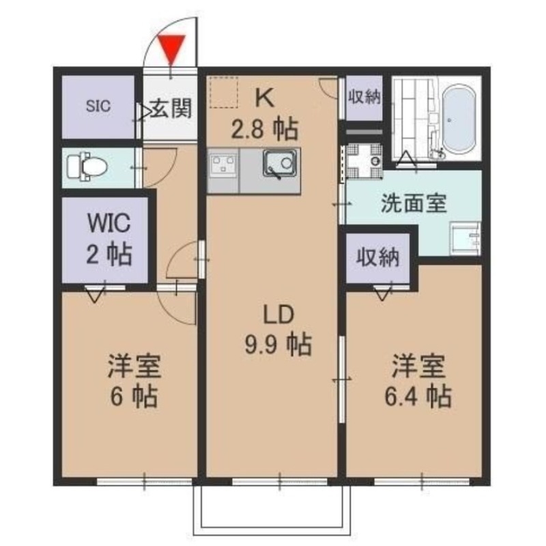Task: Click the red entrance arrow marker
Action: point(170,47)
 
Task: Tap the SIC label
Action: point(99,106)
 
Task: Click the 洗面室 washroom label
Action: point(413,203)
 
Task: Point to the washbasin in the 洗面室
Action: point(466,238)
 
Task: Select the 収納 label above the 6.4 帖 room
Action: point(377,258)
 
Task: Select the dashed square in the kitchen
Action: point(223,92)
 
